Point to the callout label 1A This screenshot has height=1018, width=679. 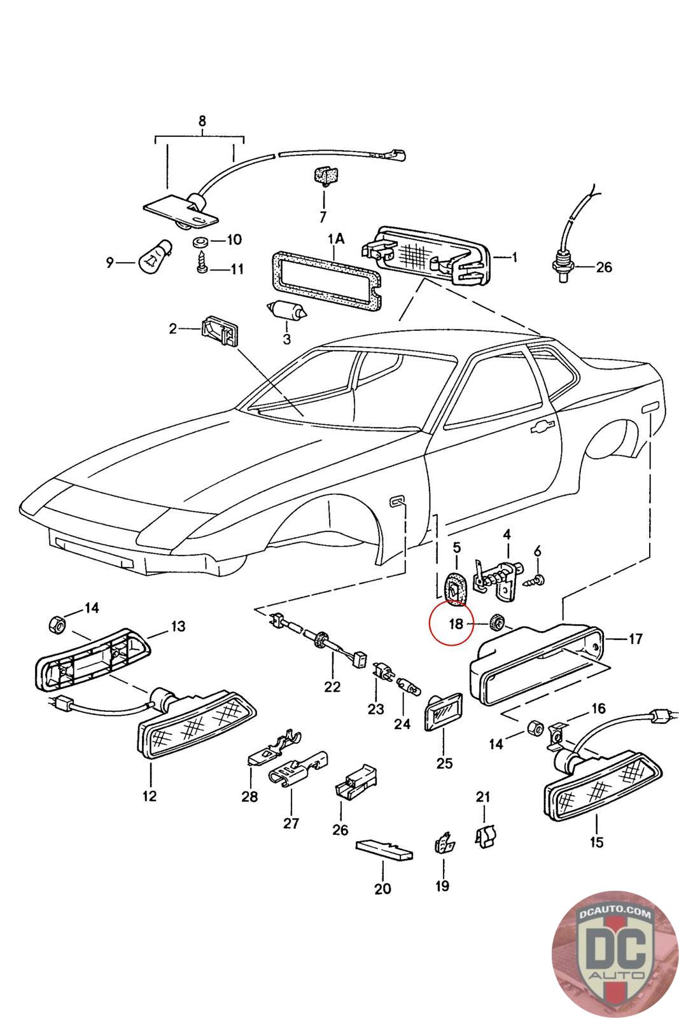[335, 239]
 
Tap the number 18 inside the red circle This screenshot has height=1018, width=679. [456, 624]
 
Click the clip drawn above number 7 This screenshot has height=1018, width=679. [325, 176]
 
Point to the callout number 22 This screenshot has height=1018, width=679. [332, 687]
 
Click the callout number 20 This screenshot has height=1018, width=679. [382, 888]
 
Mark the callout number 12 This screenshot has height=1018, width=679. [150, 795]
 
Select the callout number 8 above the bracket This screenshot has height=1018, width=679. [202, 121]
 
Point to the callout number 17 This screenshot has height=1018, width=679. [636, 639]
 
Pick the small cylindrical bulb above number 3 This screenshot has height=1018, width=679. [287, 311]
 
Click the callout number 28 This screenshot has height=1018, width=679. [249, 795]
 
